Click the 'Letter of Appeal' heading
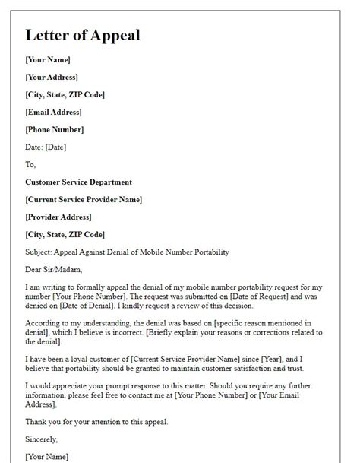tap(82, 35)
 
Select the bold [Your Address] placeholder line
tap(52, 77)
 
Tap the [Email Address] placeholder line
tap(55, 112)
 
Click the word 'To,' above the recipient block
tap(30, 164)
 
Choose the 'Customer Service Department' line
tap(78, 182)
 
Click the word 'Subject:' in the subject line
tap(41, 252)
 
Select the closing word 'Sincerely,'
tap(42, 439)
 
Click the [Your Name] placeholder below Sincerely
tap(47, 457)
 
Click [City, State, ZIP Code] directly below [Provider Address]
tap(65, 234)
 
